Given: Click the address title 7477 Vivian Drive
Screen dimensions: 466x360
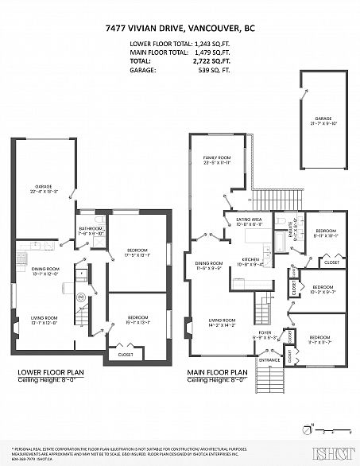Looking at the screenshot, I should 180,26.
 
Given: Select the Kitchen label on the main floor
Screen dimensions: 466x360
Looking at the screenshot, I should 253,259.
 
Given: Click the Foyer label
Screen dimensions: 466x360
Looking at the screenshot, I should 265,334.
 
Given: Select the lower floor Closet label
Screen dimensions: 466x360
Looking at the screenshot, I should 125,355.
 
